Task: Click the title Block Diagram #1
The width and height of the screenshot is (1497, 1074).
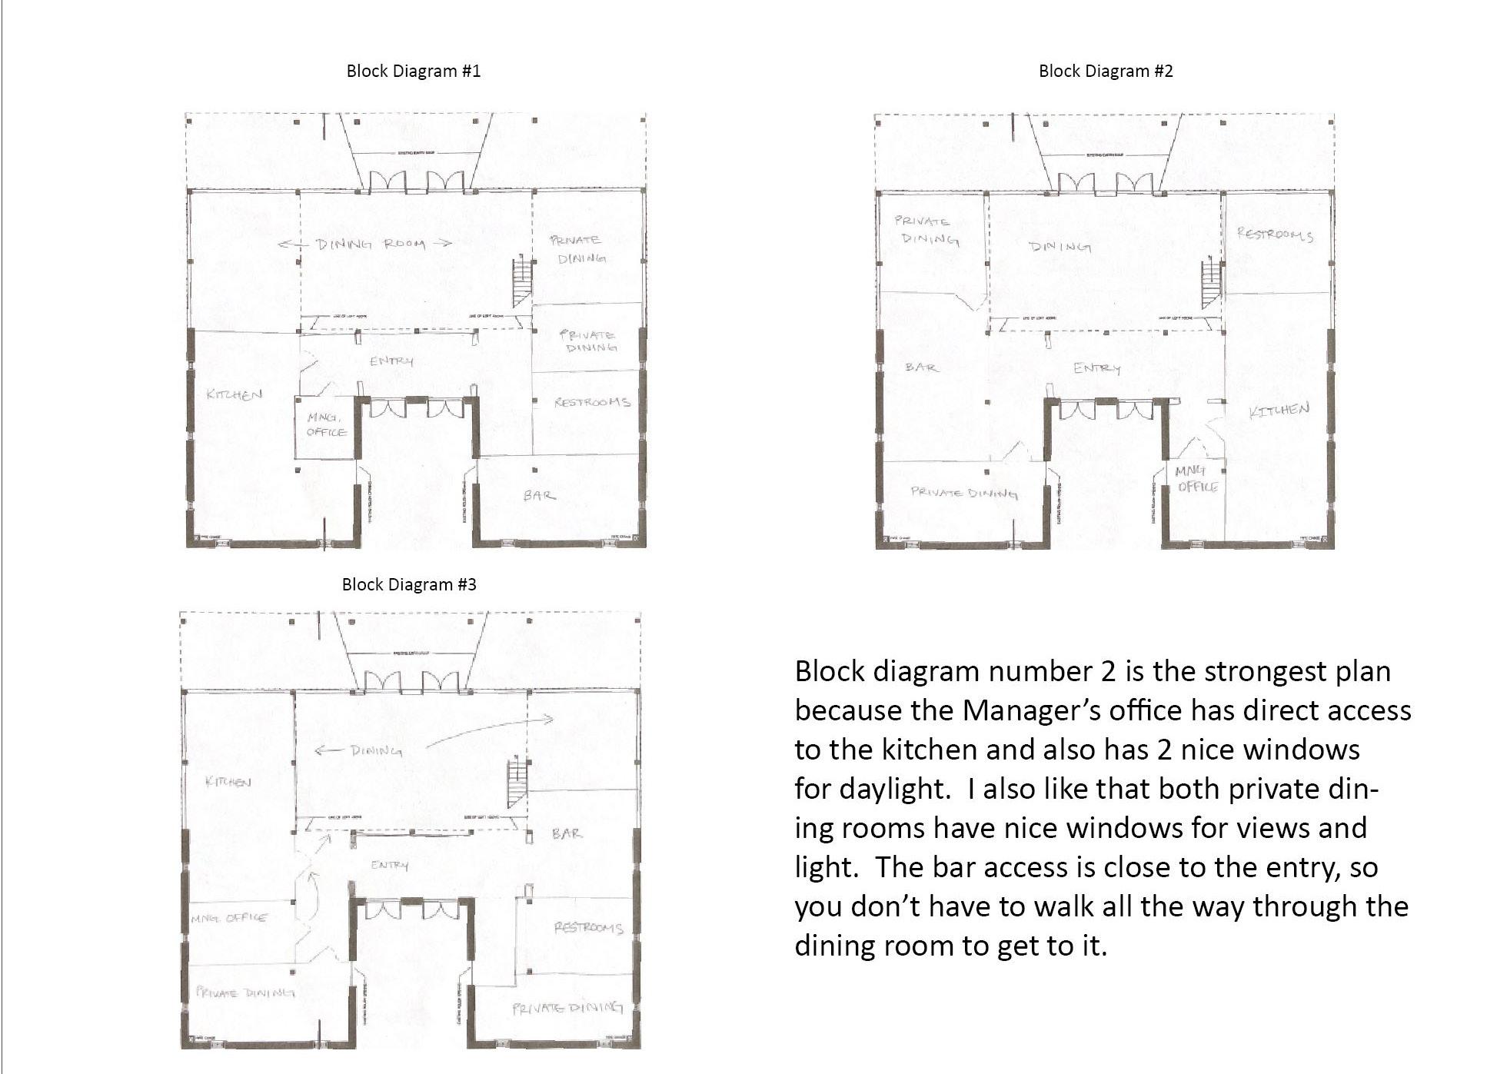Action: [x=414, y=71]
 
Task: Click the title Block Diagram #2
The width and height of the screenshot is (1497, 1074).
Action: [x=1106, y=71]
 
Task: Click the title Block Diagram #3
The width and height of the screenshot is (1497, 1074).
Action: [x=409, y=585]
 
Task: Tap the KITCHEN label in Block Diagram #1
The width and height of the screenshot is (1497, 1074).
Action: [x=235, y=394]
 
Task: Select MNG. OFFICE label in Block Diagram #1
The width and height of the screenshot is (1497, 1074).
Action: [x=327, y=424]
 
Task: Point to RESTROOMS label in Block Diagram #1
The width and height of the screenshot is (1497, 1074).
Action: [x=591, y=402]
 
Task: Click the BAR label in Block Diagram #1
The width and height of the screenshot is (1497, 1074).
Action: [x=539, y=495]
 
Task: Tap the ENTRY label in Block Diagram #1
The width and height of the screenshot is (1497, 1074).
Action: [x=391, y=361]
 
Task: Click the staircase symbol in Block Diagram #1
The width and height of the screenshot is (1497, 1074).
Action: [x=523, y=281]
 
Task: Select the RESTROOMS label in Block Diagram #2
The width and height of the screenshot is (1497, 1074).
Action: [x=1275, y=234]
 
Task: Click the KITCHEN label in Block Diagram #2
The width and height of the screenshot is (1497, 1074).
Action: [x=1279, y=411]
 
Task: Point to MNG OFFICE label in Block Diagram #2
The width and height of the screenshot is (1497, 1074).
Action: [x=1196, y=478]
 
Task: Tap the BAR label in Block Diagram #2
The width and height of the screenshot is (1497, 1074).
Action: [x=921, y=367]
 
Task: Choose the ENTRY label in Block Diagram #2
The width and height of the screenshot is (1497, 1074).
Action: [x=1096, y=368]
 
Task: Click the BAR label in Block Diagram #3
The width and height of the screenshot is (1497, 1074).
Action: [x=567, y=833]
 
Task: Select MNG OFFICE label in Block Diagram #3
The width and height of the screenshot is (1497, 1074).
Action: [x=229, y=918]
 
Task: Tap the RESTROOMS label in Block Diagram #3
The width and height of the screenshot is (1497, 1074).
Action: [x=588, y=928]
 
